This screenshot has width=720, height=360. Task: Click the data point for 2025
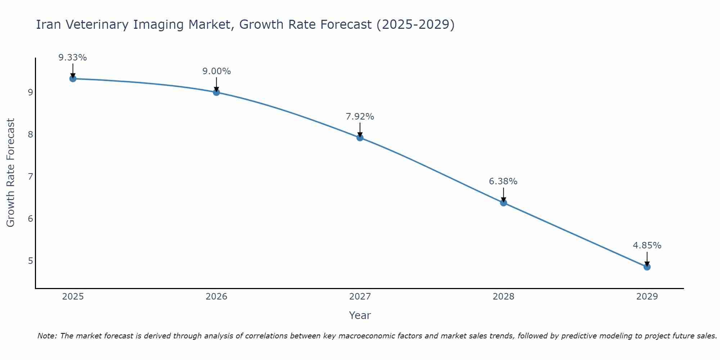(x=73, y=78)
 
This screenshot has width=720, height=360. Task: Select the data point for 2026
(x=216, y=92)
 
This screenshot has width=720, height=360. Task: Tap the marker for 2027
(x=360, y=138)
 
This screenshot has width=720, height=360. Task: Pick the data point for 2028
(x=503, y=203)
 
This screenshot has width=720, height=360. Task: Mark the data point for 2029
(x=647, y=267)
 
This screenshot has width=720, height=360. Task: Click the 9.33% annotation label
(x=73, y=58)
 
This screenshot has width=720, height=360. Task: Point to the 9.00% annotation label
(x=216, y=71)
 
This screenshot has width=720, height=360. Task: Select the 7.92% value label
(x=360, y=117)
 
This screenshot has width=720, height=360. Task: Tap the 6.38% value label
(x=503, y=181)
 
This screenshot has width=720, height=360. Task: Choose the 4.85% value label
(x=647, y=246)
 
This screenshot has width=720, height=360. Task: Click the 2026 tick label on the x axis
(x=216, y=297)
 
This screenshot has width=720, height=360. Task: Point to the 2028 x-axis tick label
(x=503, y=297)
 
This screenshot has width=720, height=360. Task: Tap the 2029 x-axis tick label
(x=647, y=297)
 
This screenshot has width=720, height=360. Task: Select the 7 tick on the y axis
(x=30, y=176)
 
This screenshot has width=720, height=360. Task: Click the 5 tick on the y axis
(x=30, y=261)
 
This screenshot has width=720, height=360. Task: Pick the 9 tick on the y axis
(x=30, y=93)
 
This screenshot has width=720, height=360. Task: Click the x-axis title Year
(x=360, y=315)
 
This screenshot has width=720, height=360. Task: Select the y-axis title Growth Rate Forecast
(x=11, y=173)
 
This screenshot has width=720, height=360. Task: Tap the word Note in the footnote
(x=47, y=336)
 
